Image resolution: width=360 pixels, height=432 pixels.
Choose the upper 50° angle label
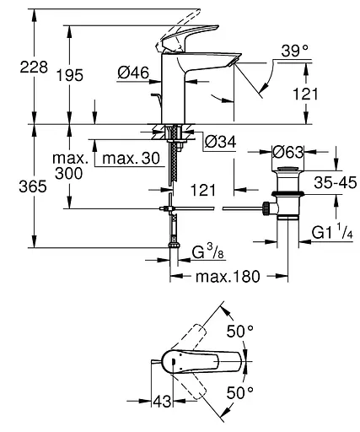coord(244,332)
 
